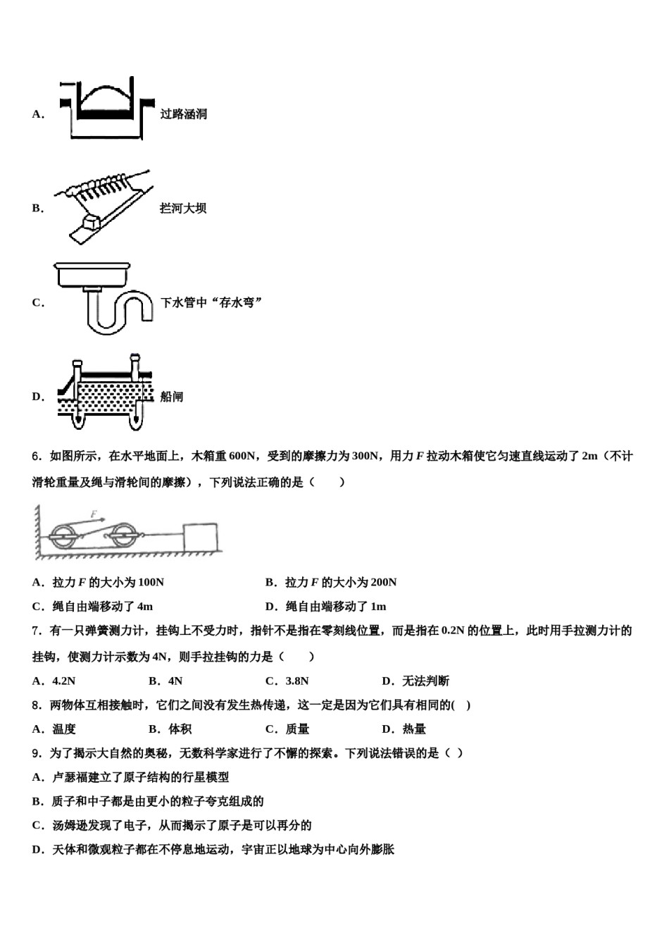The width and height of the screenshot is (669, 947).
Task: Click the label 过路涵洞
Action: pyautogui.click(x=183, y=114)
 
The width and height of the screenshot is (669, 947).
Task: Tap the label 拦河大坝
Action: pyautogui.click(x=183, y=209)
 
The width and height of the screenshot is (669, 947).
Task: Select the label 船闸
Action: pyautogui.click(x=172, y=397)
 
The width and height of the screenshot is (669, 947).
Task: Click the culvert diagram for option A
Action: pyautogui.click(x=106, y=109)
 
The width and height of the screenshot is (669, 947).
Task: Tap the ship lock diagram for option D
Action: pyautogui.click(x=106, y=395)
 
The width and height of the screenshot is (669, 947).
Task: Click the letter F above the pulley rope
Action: pyautogui.click(x=93, y=514)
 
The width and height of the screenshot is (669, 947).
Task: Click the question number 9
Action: pyautogui.click(x=36, y=753)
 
